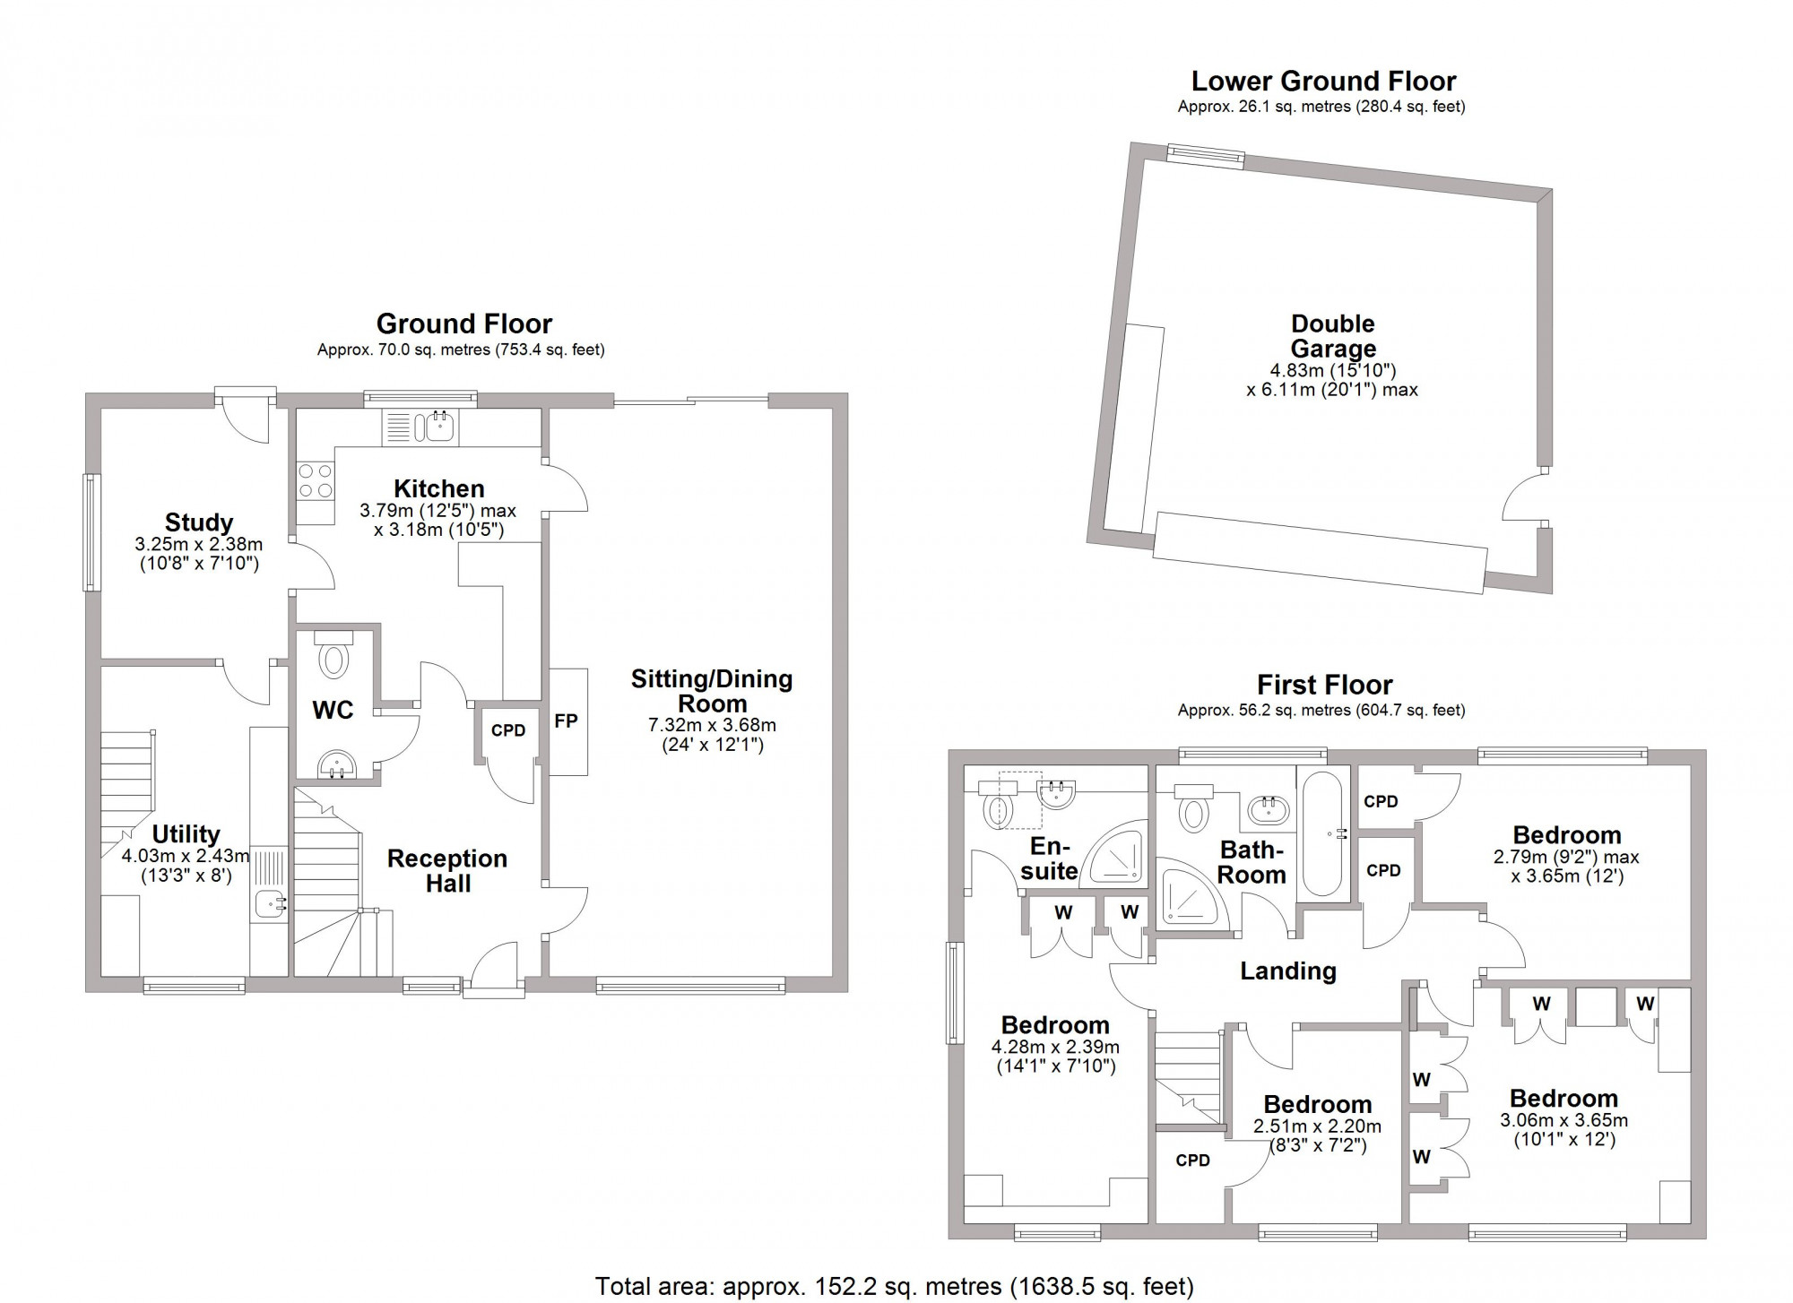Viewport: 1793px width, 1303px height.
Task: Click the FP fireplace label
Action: pyautogui.click(x=566, y=721)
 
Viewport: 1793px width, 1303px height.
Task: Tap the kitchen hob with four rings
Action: pyautogui.click(x=315, y=479)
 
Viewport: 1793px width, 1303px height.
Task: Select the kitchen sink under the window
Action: pyautogui.click(x=439, y=427)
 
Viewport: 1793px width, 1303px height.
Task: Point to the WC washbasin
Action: pyautogui.click(x=337, y=764)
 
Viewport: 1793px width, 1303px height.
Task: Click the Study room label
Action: pyautogui.click(x=198, y=522)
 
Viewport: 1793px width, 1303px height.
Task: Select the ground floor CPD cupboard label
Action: pyautogui.click(x=508, y=730)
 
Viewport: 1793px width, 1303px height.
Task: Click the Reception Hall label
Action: pyautogui.click(x=447, y=870)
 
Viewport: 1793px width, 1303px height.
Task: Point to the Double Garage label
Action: pyautogui.click(x=1332, y=336)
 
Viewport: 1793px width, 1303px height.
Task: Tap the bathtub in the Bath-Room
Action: pyautogui.click(x=1323, y=833)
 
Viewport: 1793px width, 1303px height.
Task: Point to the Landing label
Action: pyautogui.click(x=1288, y=971)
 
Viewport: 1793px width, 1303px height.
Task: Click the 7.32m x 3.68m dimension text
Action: pyautogui.click(x=712, y=725)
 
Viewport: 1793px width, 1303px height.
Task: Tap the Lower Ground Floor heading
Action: pyautogui.click(x=1323, y=82)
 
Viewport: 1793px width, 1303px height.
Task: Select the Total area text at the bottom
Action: pyautogui.click(x=895, y=1287)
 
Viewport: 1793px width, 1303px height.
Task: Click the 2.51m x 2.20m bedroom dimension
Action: pyautogui.click(x=1317, y=1126)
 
